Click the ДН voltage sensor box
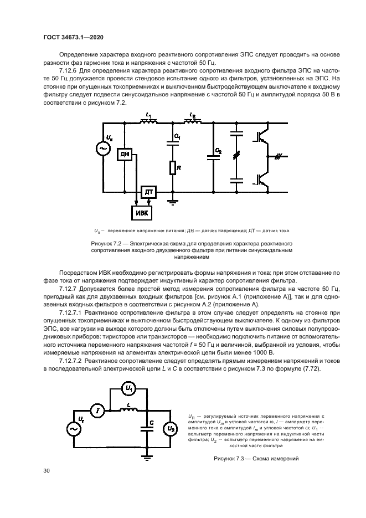[x=124, y=155]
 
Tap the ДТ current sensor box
[x=148, y=192]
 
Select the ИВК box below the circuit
[x=141, y=212]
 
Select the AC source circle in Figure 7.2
[x=103, y=149]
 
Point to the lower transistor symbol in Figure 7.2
[x=261, y=179]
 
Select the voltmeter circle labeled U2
[x=172, y=428]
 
